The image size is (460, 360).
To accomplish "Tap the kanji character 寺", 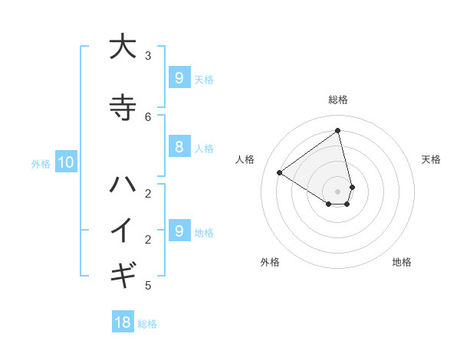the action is (123, 107).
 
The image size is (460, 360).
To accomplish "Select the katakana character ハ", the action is (123, 184).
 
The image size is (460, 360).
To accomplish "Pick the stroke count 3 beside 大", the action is (148, 55).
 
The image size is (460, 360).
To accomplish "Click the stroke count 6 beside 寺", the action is (148, 116).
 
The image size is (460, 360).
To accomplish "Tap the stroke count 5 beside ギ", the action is (148, 286).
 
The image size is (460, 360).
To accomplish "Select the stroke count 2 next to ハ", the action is (148, 193).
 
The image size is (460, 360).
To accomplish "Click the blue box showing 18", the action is (123, 322).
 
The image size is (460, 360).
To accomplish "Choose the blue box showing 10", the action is (66, 162).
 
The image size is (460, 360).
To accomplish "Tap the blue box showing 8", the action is (179, 148).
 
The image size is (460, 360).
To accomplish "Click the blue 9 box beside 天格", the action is (179, 78).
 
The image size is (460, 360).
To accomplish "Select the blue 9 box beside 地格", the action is (179, 231).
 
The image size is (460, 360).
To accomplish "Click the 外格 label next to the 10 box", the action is (41, 163).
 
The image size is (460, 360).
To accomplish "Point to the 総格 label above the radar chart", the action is (338, 100).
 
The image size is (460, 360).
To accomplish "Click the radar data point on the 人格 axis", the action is (280, 172).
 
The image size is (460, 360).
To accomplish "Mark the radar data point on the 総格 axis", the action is (338, 131).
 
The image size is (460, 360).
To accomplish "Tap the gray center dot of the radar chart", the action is (338, 191).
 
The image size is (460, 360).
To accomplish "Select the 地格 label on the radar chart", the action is (402, 262).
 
